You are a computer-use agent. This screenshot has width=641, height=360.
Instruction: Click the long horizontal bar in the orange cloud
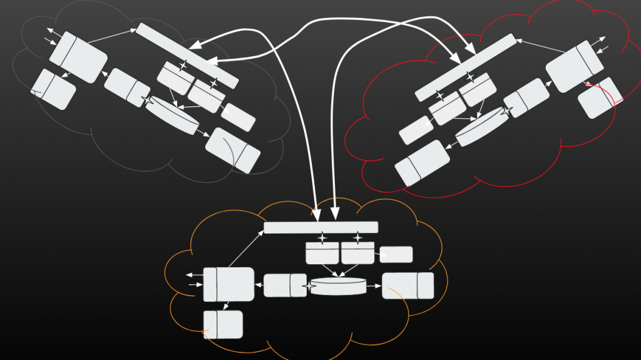coord(320,227)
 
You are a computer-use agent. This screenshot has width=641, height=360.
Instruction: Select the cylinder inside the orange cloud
coord(338,286)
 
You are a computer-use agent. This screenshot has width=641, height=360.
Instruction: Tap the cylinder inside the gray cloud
coord(172,115)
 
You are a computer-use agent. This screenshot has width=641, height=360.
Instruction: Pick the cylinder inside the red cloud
coord(481,126)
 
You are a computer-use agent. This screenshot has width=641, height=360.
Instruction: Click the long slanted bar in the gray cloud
coord(187,56)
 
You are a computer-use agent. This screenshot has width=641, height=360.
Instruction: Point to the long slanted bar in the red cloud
coord(466,67)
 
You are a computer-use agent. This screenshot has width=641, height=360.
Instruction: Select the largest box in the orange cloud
coord(229,284)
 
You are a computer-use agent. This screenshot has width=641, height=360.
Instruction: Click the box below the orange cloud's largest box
coord(223,324)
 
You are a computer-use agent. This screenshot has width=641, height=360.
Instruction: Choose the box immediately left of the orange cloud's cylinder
coord(285,285)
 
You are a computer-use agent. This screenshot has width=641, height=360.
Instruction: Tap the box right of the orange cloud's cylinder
coord(408,285)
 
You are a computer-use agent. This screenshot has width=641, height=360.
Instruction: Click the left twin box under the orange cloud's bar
coord(322,253)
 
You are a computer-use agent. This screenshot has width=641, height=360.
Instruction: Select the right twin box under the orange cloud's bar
coord(357,253)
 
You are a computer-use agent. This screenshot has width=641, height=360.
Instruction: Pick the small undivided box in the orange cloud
coord(396,255)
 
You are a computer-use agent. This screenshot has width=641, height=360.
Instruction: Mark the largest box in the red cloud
coord(574,66)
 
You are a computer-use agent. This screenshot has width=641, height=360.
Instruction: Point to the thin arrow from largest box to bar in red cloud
coord(540,46)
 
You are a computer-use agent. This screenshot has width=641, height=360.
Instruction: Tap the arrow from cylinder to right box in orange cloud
coord(374,286)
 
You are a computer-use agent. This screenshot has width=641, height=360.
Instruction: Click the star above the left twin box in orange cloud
coord(322,238)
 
